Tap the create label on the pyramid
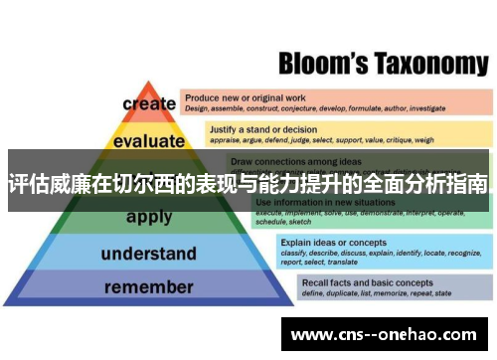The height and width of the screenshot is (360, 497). click(x=149, y=102)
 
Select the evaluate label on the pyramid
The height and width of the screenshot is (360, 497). click(x=148, y=140)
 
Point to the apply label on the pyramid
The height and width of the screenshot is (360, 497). click(x=149, y=216)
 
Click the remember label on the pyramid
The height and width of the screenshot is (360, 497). click(x=148, y=288)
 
